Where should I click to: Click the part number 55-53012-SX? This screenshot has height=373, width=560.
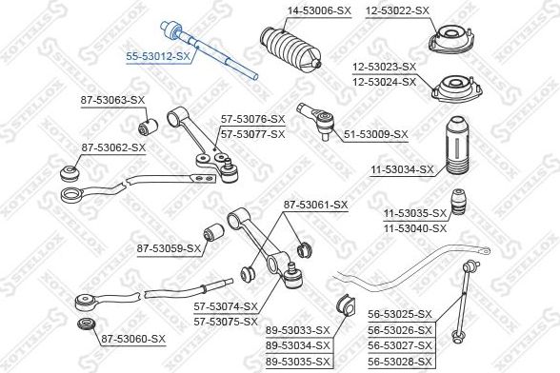click(x=158, y=56)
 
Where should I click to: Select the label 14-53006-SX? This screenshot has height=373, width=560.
click(x=320, y=11)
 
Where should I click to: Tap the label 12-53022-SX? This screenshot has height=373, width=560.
click(x=397, y=11)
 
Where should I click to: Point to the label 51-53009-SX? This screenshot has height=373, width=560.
click(x=375, y=134)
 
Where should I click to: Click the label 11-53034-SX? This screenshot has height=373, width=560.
click(x=402, y=169)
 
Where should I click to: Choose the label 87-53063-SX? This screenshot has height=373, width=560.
click(x=112, y=100)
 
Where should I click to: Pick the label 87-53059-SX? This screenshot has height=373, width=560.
click(x=169, y=248)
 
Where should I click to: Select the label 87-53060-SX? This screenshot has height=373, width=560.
click(x=133, y=339)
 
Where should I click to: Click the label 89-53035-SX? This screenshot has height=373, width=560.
click(x=298, y=362)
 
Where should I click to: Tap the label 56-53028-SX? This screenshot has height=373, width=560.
click(x=400, y=362)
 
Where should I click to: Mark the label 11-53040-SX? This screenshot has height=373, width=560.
click(x=415, y=228)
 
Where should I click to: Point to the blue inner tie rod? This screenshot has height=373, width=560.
click(x=209, y=50)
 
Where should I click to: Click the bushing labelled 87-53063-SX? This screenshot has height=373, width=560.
click(x=148, y=128)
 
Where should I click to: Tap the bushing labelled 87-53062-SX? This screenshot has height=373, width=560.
click(x=70, y=173)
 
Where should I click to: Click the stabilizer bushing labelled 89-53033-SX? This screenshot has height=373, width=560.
click(x=346, y=305)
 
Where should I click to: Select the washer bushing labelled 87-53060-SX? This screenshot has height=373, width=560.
click(x=87, y=324)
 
